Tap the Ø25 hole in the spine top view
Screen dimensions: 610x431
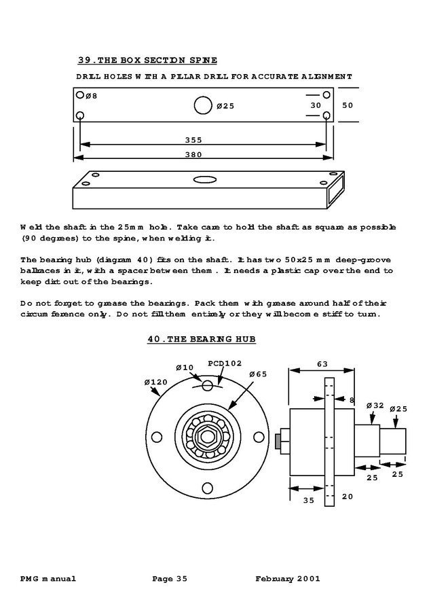pyautogui.click(x=203, y=105)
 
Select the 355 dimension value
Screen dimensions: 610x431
pyautogui.click(x=193, y=141)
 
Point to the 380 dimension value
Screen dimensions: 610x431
pyautogui.click(x=193, y=154)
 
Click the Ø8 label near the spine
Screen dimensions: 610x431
pyautogui.click(x=91, y=96)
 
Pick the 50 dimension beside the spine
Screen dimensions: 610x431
pyautogui.click(x=347, y=105)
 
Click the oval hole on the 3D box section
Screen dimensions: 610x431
pyautogui.click(x=203, y=180)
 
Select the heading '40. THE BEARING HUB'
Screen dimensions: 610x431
pyautogui.click(x=202, y=338)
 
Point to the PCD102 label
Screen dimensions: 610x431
pyautogui.click(x=224, y=363)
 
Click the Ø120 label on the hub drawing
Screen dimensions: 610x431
pyautogui.click(x=155, y=382)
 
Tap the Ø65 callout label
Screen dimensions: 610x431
pyautogui.click(x=258, y=374)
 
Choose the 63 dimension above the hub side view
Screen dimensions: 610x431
pyautogui.click(x=323, y=363)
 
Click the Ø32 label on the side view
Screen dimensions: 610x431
pyautogui.click(x=375, y=406)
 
